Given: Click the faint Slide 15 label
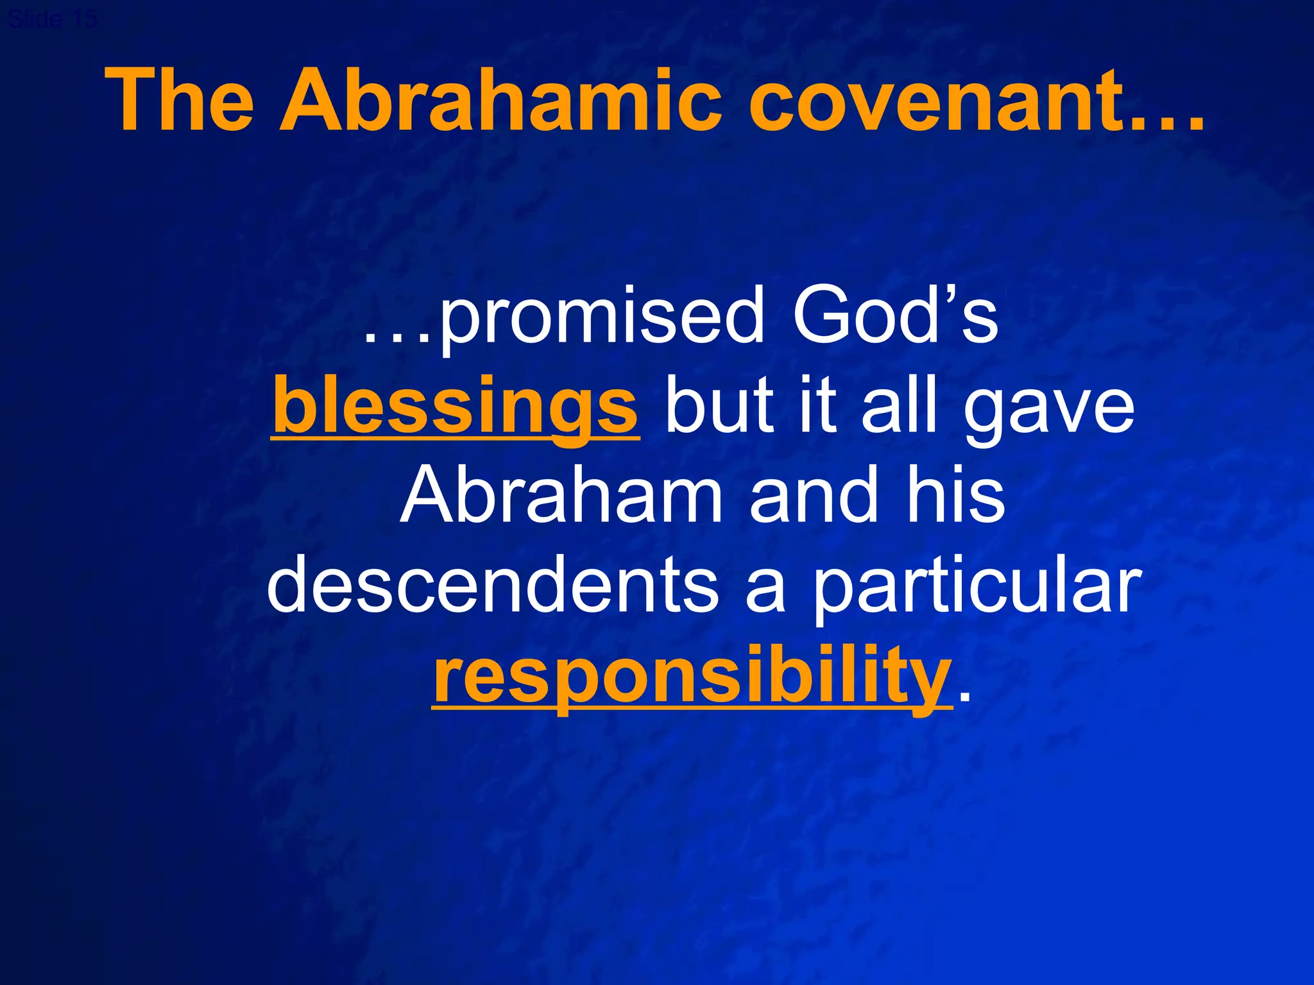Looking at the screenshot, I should (x=53, y=19).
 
